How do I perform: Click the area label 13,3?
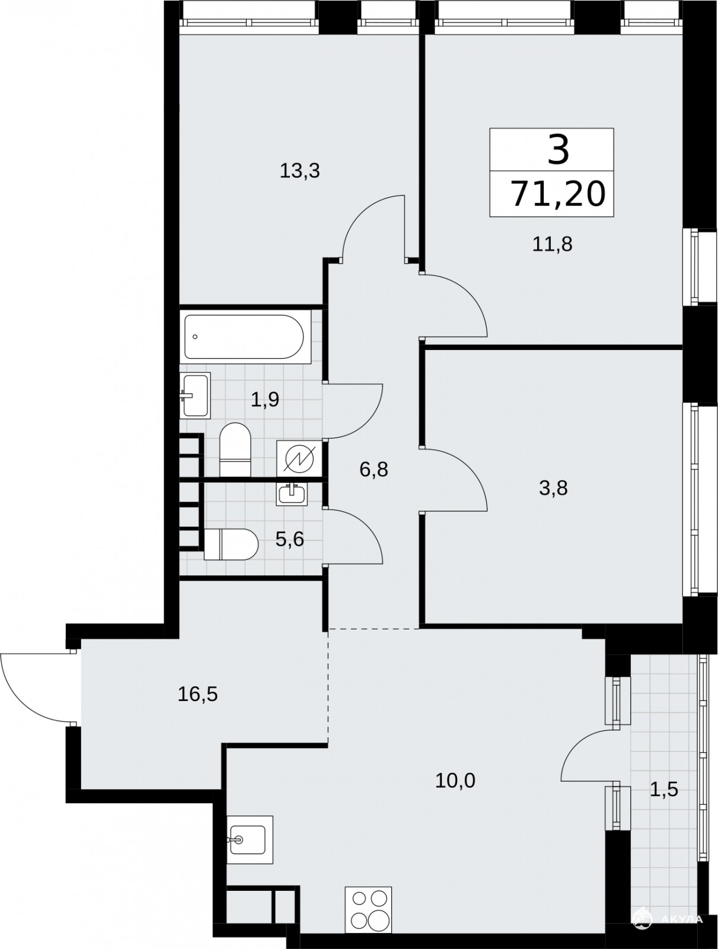tap(299, 171)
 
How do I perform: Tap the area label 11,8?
tap(552, 244)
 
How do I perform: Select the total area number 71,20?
tap(558, 195)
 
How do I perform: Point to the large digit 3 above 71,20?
tap(558, 149)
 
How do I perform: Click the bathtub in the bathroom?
tap(244, 336)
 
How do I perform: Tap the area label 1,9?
tap(265, 400)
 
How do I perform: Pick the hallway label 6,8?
tap(374, 469)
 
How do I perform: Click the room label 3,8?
tap(553, 488)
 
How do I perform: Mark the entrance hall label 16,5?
tap(198, 695)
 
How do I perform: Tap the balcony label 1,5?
tap(664, 789)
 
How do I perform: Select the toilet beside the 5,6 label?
tap(231, 544)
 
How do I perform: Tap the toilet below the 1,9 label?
tap(235, 448)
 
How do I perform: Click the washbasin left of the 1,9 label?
tap(195, 394)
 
